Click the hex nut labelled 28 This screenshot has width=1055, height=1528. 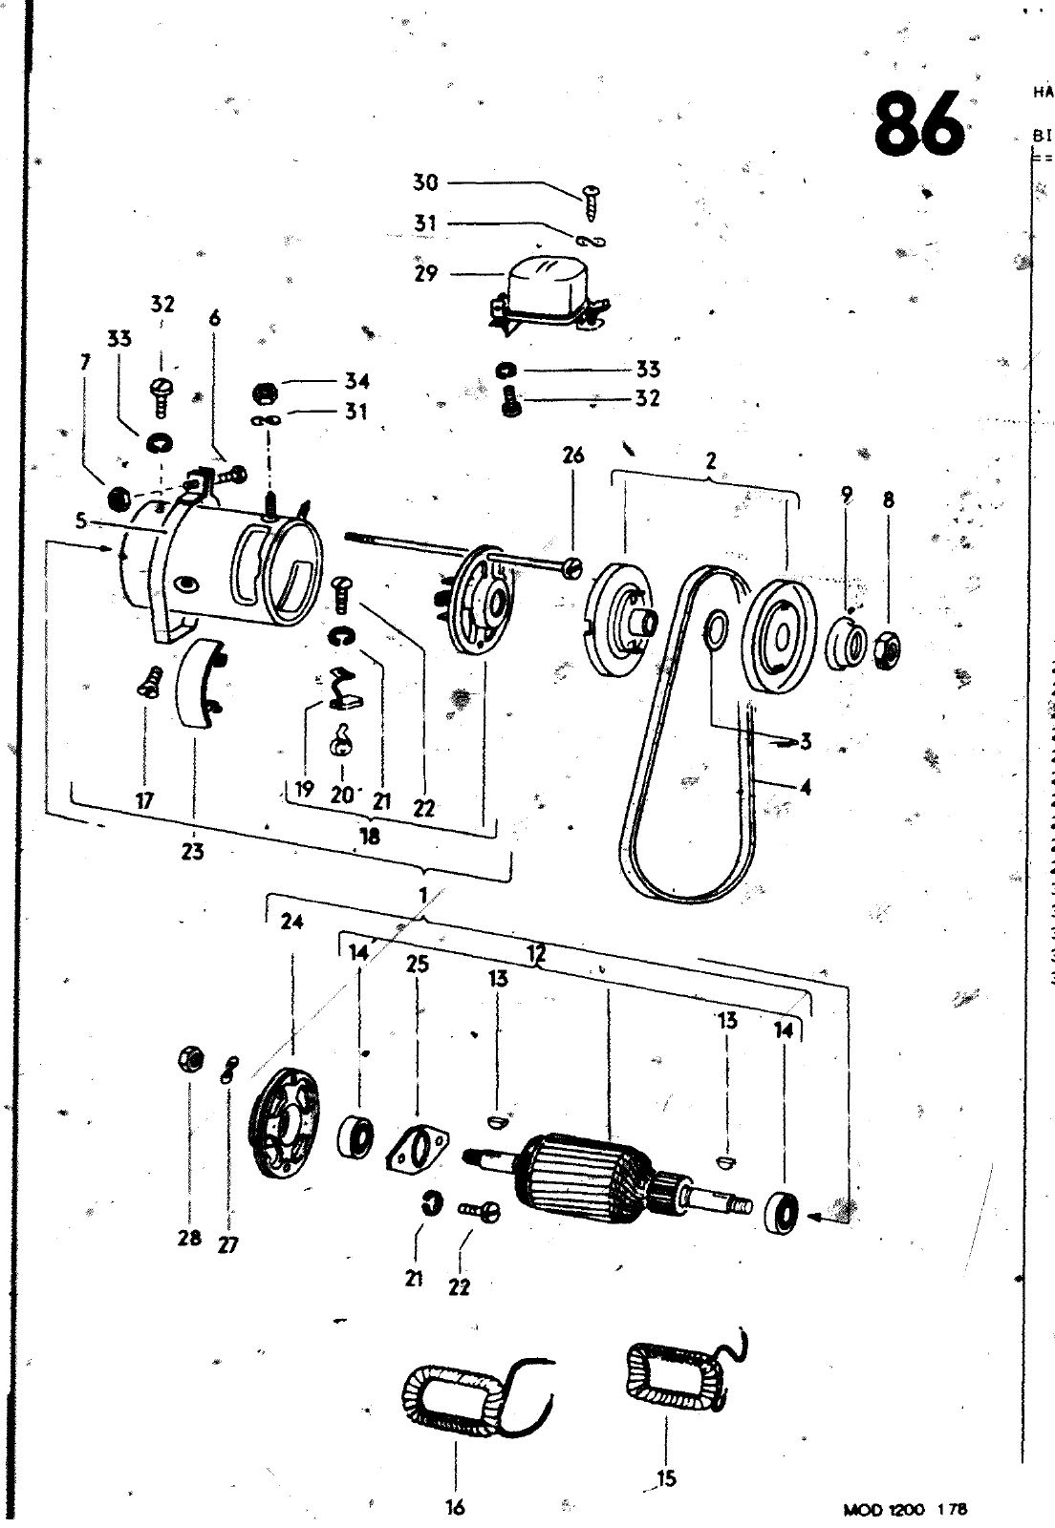(188, 1059)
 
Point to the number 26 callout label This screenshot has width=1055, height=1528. (572, 456)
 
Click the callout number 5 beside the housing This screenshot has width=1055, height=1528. (82, 522)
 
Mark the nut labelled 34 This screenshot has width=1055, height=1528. (268, 393)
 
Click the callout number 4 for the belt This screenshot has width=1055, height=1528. (805, 789)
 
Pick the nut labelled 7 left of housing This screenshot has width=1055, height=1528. (121, 498)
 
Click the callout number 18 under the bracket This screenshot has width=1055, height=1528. (369, 836)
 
